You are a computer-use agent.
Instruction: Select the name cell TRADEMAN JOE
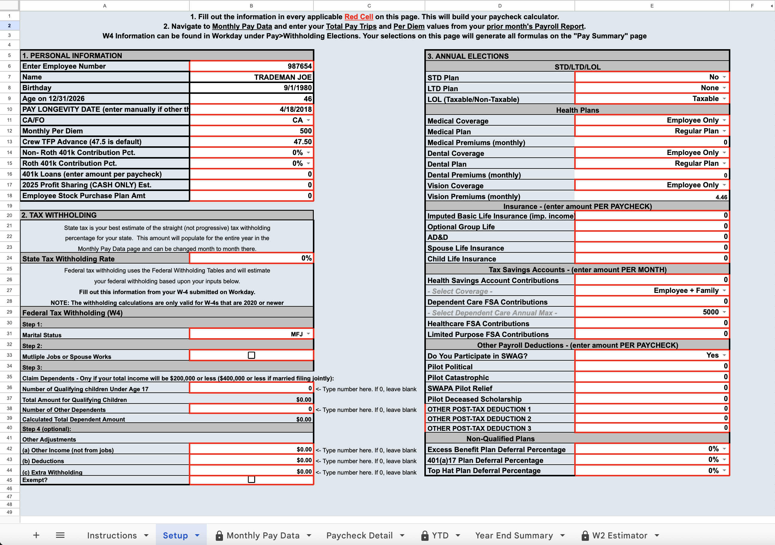tap(283, 77)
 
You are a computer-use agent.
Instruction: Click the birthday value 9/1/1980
tap(297, 88)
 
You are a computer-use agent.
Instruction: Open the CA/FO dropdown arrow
tap(308, 120)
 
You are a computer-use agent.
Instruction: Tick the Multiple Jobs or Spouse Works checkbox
tap(251, 355)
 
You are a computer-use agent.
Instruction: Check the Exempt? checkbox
tap(251, 479)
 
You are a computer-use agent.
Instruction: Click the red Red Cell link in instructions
tap(358, 17)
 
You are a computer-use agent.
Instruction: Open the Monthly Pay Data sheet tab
tap(263, 535)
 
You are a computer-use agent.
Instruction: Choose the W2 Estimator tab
tap(619, 535)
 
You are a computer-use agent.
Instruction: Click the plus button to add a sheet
tap(36, 535)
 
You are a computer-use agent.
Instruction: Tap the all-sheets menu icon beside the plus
tap(60, 535)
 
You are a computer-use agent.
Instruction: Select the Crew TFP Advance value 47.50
tap(302, 142)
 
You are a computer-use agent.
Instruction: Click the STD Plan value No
tap(714, 77)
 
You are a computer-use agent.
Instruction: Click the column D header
tap(500, 6)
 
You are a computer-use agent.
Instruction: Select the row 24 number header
tap(10, 258)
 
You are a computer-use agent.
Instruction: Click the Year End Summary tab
tap(514, 535)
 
